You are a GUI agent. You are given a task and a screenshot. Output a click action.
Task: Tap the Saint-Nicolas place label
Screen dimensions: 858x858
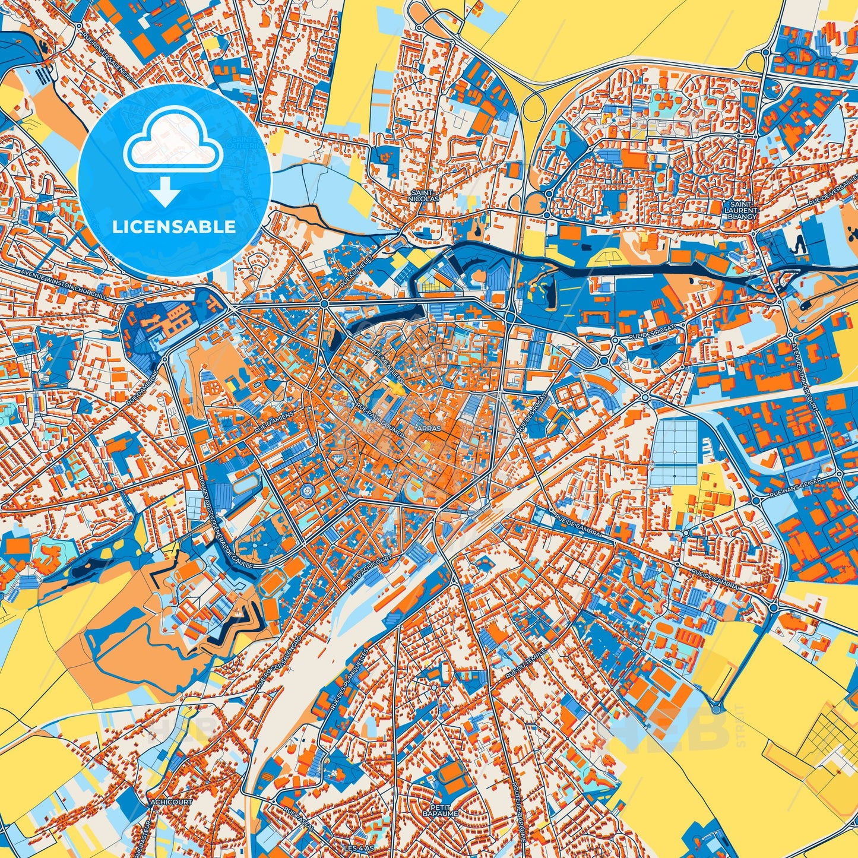424,197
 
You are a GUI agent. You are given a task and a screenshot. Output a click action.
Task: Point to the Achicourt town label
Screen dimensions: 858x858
172,802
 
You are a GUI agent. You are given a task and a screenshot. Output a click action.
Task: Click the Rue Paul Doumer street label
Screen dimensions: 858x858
380,422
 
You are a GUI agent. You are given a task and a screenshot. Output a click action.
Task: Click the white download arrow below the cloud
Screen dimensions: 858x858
165,194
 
